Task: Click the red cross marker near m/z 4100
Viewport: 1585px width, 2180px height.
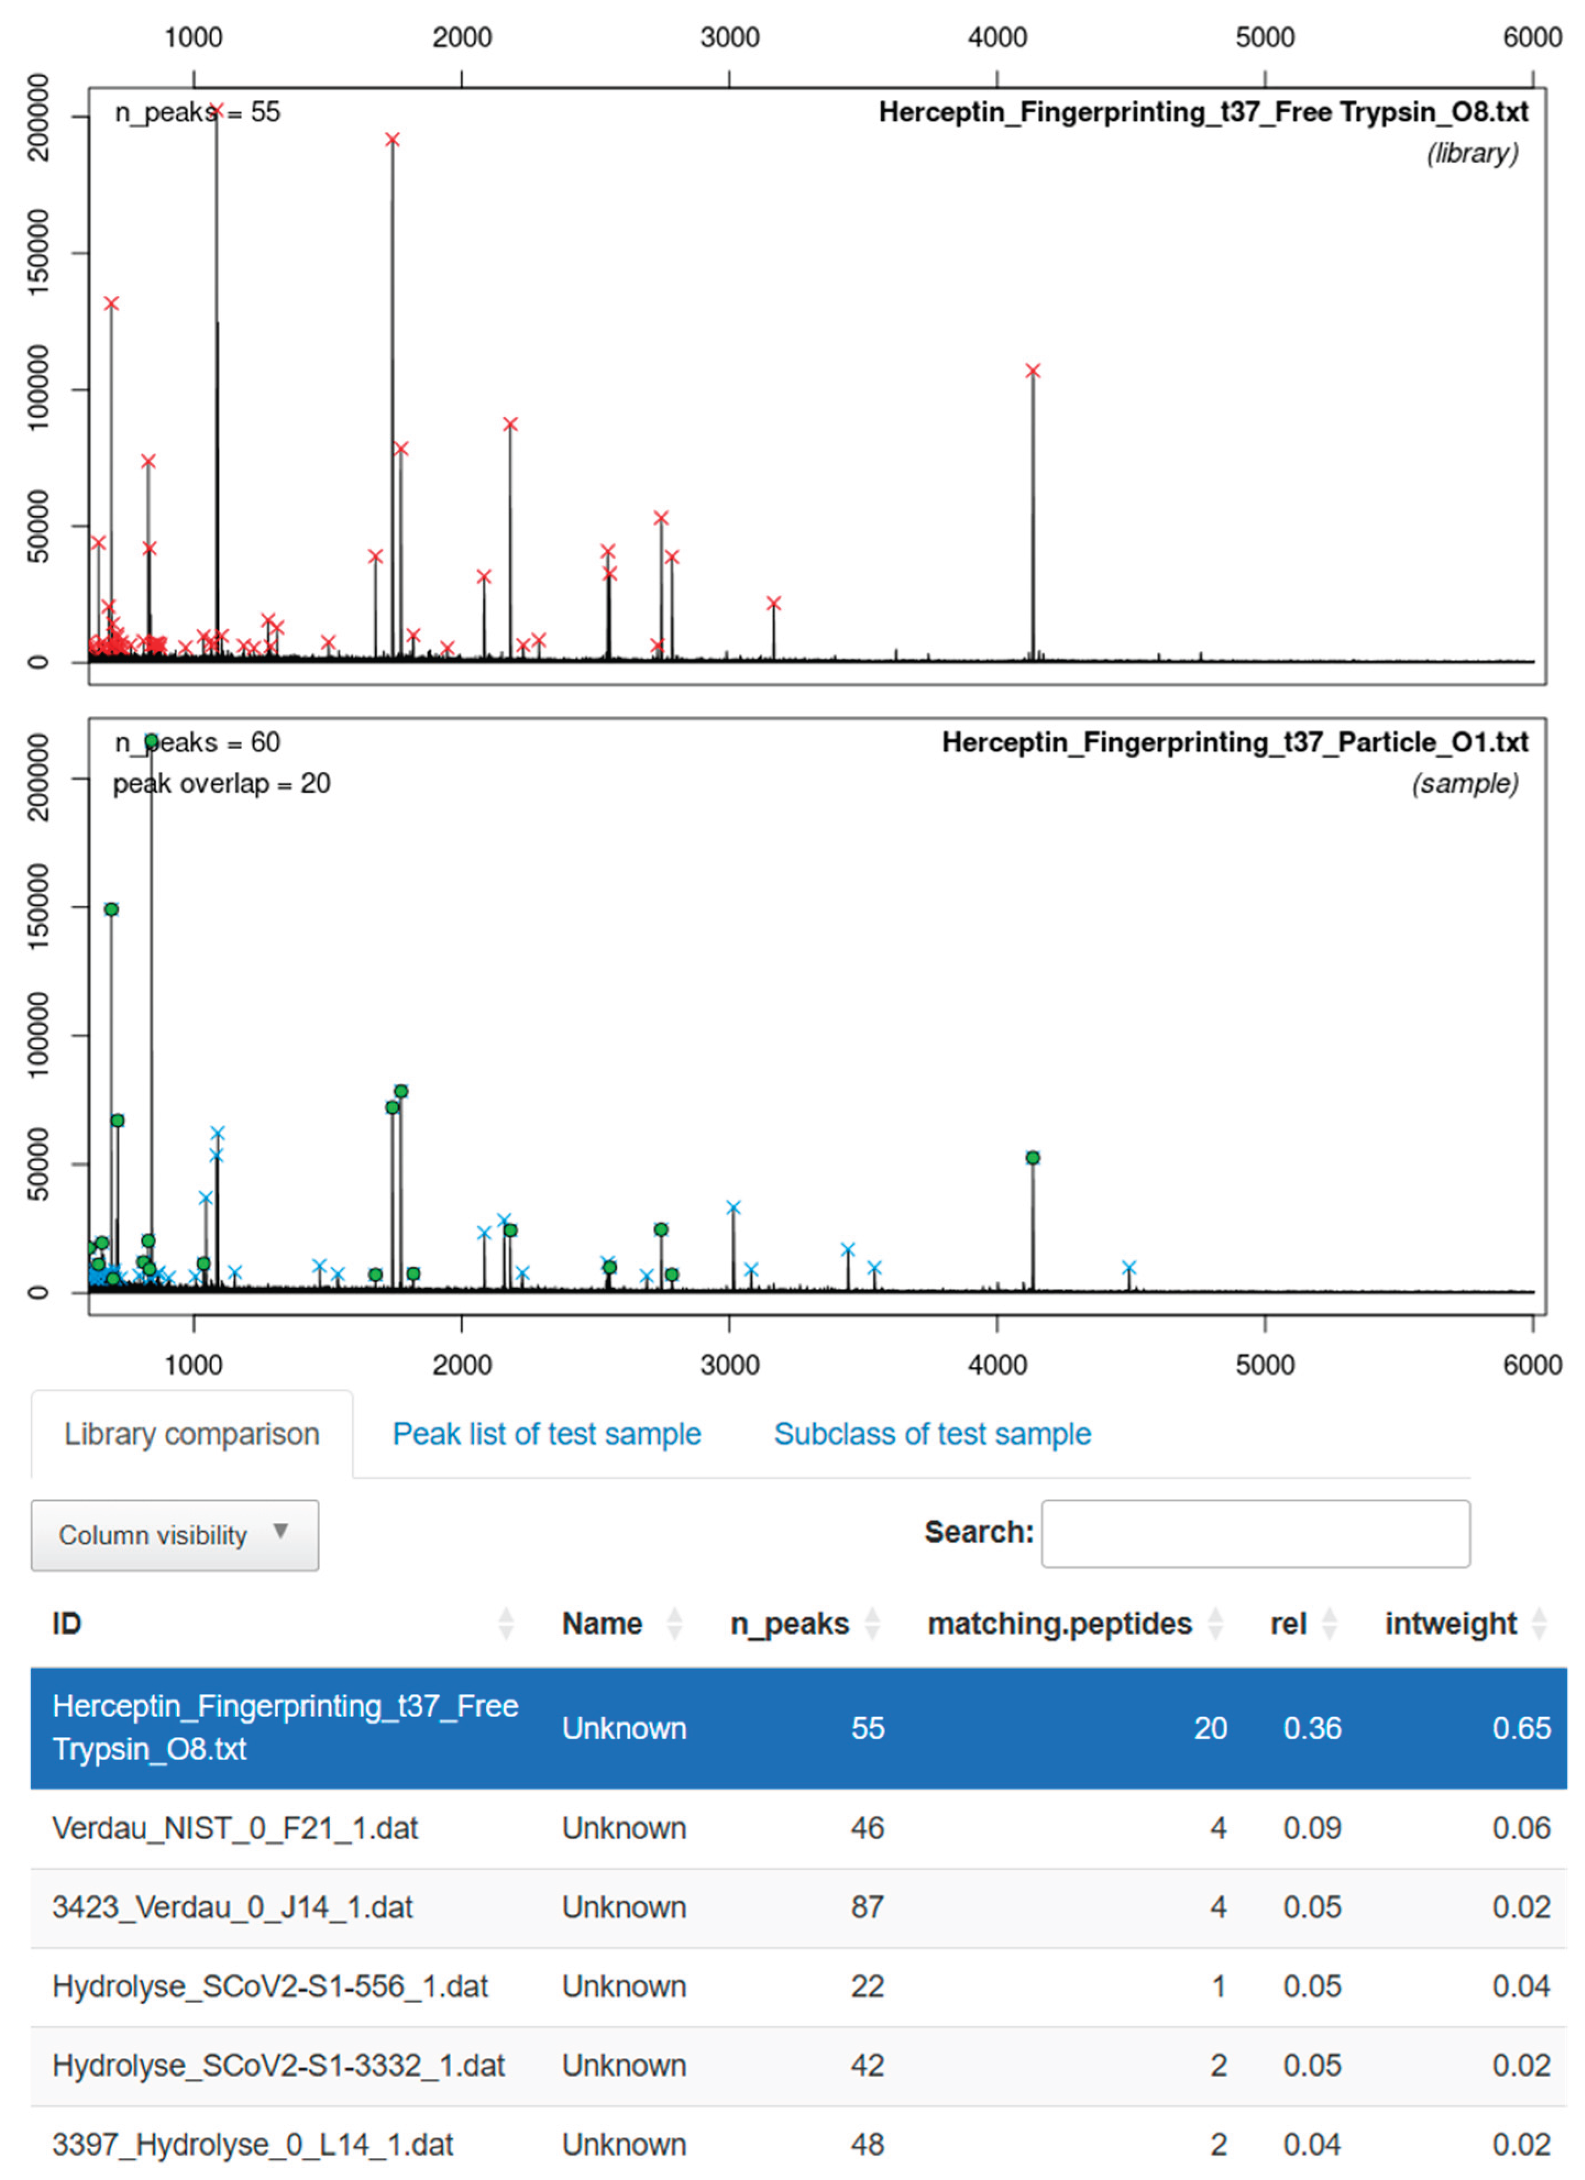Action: [x=1032, y=371]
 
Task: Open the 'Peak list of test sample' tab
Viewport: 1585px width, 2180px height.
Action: [x=546, y=1434]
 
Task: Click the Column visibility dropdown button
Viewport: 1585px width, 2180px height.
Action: [x=174, y=1535]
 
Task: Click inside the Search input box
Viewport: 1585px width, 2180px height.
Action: [x=1255, y=1533]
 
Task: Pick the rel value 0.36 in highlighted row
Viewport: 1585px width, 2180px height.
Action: [x=1312, y=1728]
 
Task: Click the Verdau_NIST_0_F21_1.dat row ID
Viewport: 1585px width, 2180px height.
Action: [x=235, y=1828]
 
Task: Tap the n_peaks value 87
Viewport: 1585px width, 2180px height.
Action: [x=867, y=1907]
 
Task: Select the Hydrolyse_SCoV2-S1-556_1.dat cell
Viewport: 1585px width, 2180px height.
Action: [x=269, y=1986]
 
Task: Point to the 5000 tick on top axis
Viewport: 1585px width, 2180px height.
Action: [x=1265, y=38]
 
